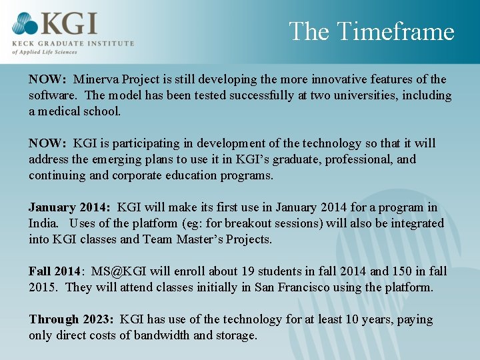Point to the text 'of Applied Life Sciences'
point(45,51)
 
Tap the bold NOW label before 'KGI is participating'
point(47,143)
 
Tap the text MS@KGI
point(119,271)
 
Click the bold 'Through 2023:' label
point(71,319)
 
